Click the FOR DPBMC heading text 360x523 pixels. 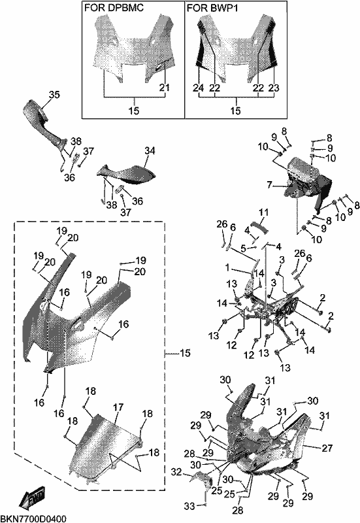pos(114,7)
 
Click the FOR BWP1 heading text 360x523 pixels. pos(212,7)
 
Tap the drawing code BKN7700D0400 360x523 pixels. pos(33,518)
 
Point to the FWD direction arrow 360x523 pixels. pos(32,498)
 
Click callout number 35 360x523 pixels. pos(54,95)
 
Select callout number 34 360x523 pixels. pos(150,151)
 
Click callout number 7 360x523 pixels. pos(269,184)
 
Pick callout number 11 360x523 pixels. pos(263,212)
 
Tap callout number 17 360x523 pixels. pos(118,407)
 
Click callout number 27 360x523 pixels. pos(327,448)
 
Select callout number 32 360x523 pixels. pos(176,472)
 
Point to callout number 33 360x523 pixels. pos(189,506)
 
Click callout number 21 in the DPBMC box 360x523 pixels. pos(165,88)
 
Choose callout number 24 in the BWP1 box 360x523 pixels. pos(198,88)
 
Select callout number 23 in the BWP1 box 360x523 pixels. pos(274,88)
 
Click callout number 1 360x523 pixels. pos(227,267)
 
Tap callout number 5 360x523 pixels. pos(243,248)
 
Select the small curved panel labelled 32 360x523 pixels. pos(201,480)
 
